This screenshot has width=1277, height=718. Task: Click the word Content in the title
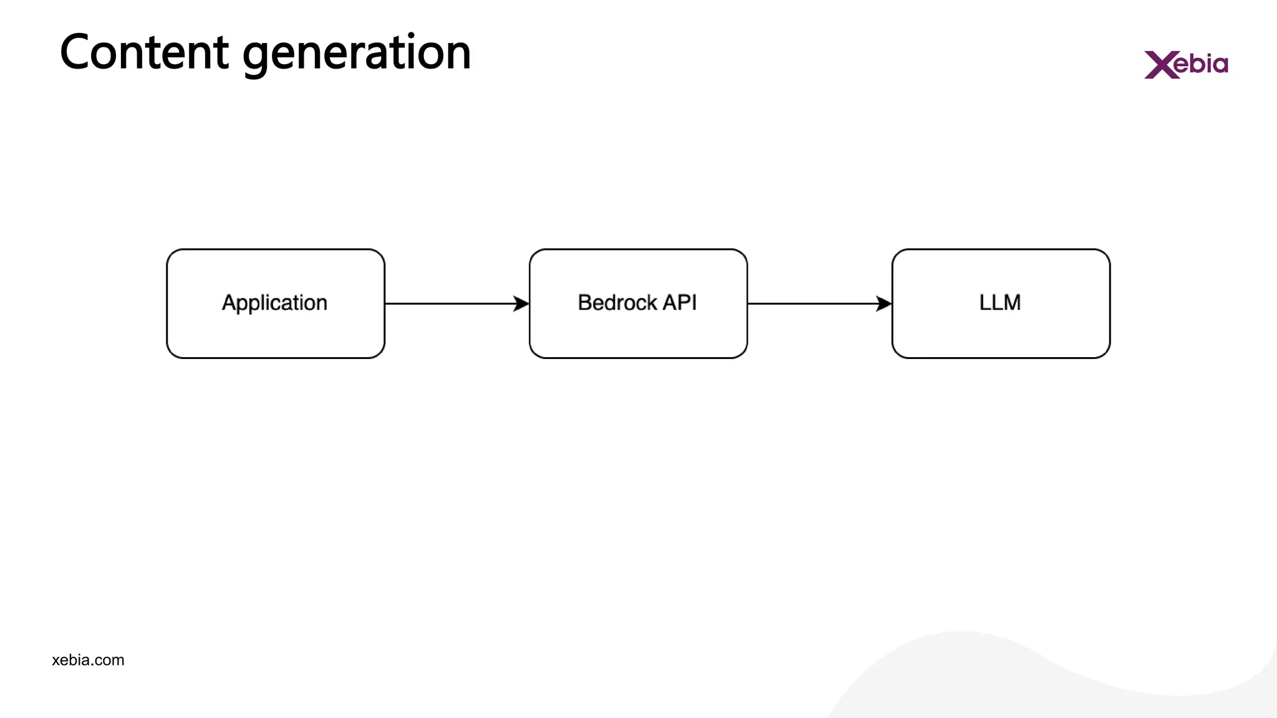pyautogui.click(x=144, y=52)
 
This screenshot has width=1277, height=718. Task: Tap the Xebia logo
pyautogui.click(x=1186, y=64)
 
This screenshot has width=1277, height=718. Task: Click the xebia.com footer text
pyautogui.click(x=88, y=660)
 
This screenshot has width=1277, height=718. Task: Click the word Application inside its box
pyautogui.click(x=274, y=303)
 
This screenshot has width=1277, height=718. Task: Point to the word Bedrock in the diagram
pyautogui.click(x=617, y=303)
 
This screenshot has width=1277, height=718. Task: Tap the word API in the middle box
pyautogui.click(x=680, y=303)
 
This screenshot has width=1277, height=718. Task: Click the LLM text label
pyautogui.click(x=1000, y=303)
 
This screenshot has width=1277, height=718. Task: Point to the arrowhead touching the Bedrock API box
pyautogui.click(x=521, y=304)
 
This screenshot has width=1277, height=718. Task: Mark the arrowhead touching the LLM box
pyautogui.click(x=884, y=304)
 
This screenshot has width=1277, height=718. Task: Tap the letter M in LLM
pyautogui.click(x=1012, y=303)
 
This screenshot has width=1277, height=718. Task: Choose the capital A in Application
pyautogui.click(x=229, y=303)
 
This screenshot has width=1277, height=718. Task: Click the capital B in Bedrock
pyautogui.click(x=584, y=303)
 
